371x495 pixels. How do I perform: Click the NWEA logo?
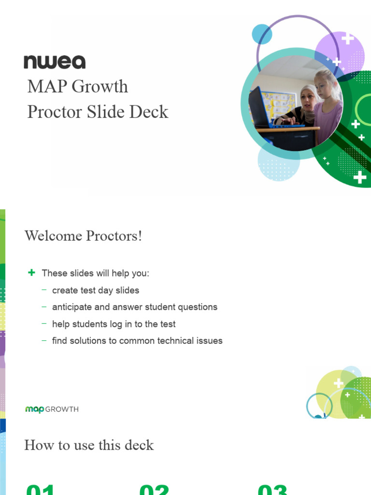(55, 62)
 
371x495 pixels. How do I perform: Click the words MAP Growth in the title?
(78, 87)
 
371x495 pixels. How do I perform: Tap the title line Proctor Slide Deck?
(98, 112)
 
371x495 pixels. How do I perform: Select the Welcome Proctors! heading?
(83, 236)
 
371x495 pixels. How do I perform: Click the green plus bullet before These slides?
(32, 273)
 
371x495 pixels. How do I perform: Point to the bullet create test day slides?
(95, 291)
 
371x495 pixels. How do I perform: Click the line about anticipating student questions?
(134, 307)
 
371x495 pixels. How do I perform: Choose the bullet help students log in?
(114, 324)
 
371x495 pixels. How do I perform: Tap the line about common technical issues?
(137, 341)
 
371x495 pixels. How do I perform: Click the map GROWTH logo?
(52, 409)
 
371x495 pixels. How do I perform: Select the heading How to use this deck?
(89, 445)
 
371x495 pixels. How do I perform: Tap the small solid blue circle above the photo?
(262, 34)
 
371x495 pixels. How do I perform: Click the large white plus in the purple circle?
(347, 39)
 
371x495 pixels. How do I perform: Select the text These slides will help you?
(96, 273)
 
